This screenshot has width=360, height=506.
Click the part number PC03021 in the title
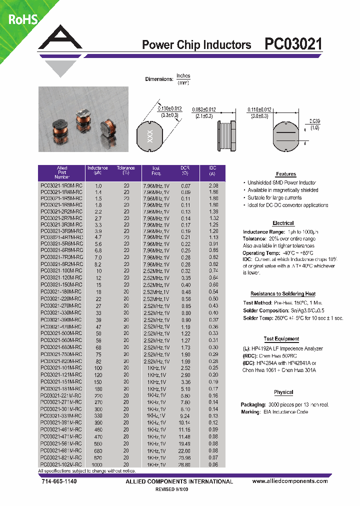coord(293,44)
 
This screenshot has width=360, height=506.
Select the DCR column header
coord(185,170)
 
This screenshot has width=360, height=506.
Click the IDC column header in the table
coord(213,170)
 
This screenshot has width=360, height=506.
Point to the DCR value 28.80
coord(185,464)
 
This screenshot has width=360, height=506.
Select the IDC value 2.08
coord(213,185)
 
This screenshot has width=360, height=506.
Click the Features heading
coord(285,174)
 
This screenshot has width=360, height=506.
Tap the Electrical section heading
coord(283,223)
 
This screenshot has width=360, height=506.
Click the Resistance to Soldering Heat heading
coord(282,294)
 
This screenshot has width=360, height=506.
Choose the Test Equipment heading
coord(281,339)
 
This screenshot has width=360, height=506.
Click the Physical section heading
coord(283,392)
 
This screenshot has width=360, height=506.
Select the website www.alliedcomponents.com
coord(290,481)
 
